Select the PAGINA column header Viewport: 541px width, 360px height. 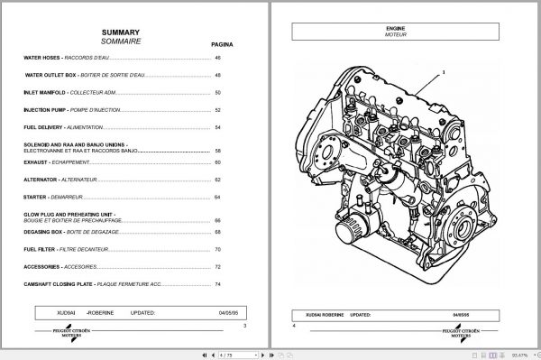[x=222, y=42]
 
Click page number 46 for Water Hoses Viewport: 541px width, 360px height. [x=217, y=59]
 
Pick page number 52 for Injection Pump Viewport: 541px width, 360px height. [x=217, y=110]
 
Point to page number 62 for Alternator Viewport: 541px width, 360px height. [x=217, y=179]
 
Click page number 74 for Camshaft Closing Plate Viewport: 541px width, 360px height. [x=217, y=284]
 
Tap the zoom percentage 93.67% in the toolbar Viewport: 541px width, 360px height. [x=523, y=355]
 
